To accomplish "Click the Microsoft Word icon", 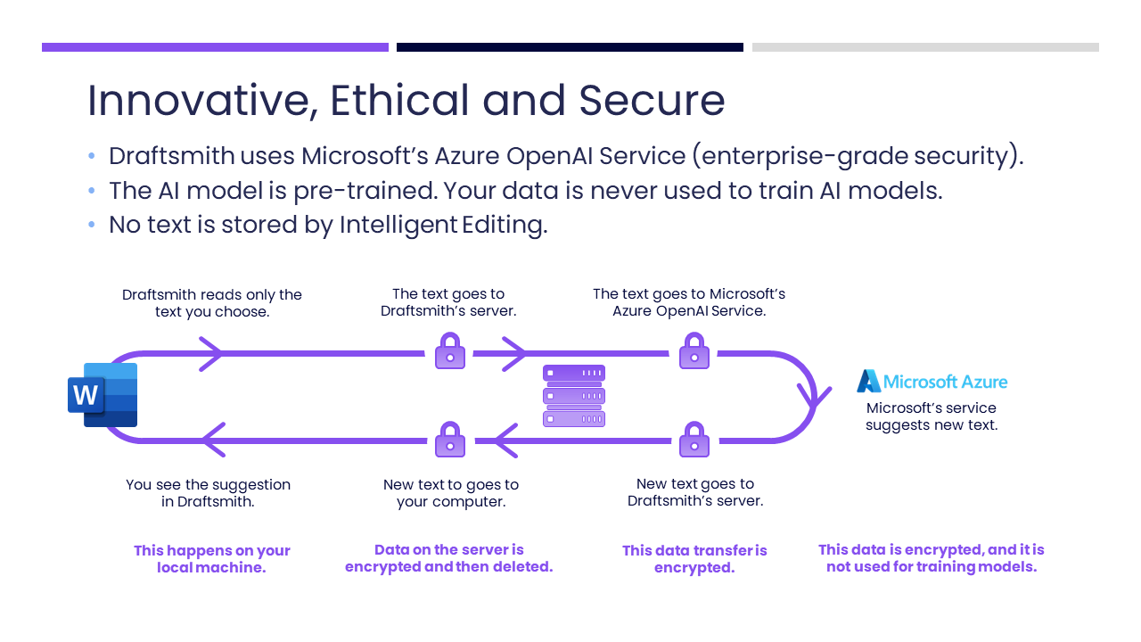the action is point(103,395).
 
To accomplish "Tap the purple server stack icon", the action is point(574,395).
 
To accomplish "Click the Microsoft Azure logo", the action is point(932,381).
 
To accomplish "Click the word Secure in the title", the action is point(652,101).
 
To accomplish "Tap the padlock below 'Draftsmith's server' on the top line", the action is point(450,350).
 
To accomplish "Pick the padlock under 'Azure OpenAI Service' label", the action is point(694,350).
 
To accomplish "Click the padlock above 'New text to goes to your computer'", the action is point(450,440).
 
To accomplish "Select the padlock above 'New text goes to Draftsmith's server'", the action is point(694,440).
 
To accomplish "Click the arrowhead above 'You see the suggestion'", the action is point(214,440).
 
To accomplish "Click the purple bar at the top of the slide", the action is point(215,47).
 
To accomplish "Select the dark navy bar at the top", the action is point(570,47).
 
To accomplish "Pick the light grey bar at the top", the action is point(925,47).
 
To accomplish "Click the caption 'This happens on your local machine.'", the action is point(212,559).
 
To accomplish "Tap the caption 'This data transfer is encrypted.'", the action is point(694,559).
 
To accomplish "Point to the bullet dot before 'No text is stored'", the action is point(92,224).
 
